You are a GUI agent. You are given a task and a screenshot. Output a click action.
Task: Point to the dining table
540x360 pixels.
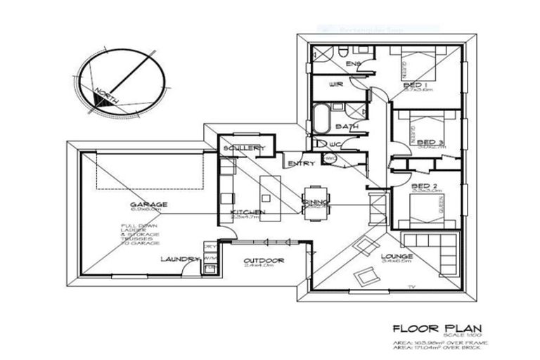click(314, 202)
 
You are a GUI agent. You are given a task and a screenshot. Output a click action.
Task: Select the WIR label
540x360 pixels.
click(335, 86)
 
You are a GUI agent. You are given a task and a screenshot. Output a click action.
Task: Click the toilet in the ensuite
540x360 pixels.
click(340, 54)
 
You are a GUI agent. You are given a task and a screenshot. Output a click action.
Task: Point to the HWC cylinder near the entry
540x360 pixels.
click(330, 160)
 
